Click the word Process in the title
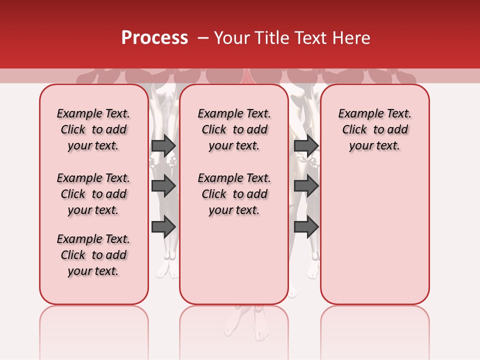(154, 38)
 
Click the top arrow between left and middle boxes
(163, 145)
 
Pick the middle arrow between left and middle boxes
(163, 186)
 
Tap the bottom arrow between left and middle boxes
(163, 227)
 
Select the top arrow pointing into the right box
(306, 145)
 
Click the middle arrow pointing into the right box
(306, 186)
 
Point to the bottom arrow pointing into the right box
(306, 227)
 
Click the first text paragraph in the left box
(93, 129)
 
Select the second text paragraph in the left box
(93, 194)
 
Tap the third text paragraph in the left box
(93, 255)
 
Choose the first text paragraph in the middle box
(234, 129)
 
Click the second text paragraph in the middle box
(234, 194)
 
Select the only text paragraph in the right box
(374, 129)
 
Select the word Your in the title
(232, 38)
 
